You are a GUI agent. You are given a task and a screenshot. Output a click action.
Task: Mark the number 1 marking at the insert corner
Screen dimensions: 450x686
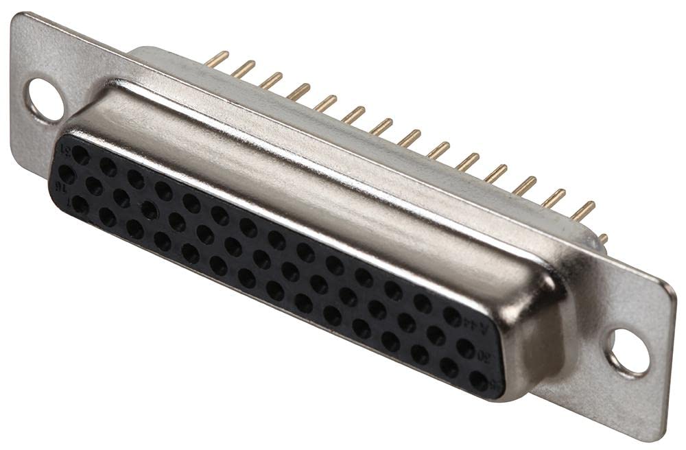64,201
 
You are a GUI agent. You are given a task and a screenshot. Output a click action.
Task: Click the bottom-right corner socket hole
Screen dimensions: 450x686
479,381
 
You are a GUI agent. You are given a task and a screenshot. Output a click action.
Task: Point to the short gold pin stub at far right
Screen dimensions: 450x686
602,239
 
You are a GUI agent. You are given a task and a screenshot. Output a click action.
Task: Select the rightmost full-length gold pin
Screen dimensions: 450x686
583,211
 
